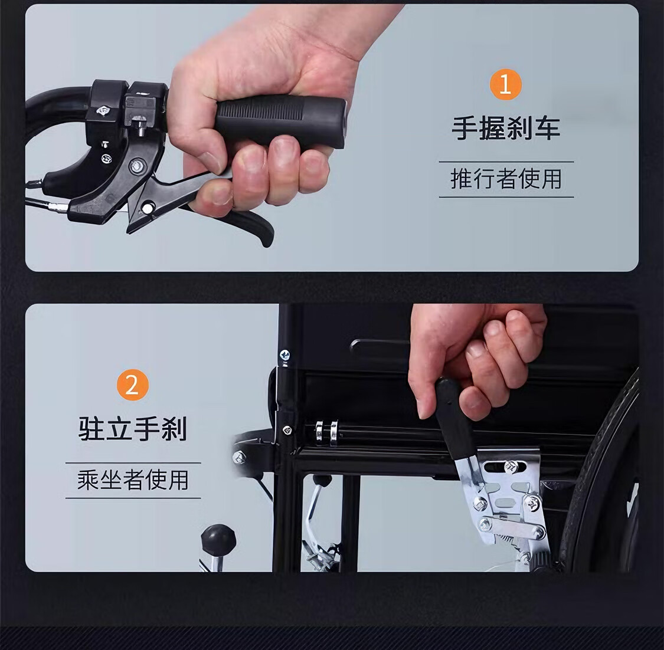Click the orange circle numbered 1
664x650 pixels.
tap(505, 84)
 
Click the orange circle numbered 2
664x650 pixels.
tap(133, 385)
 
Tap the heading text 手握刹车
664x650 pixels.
tap(506, 128)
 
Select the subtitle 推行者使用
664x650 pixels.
tap(506, 179)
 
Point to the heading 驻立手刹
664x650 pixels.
tap(133, 429)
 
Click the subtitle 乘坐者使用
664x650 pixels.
tap(133, 480)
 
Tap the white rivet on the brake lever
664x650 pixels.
tap(148, 208)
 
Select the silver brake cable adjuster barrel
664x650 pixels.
tap(58, 207)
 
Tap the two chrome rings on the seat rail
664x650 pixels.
tap(326, 432)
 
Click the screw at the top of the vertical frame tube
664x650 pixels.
tap(284, 355)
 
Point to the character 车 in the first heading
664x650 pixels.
tap(548, 128)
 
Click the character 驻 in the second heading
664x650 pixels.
tap(91, 429)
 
